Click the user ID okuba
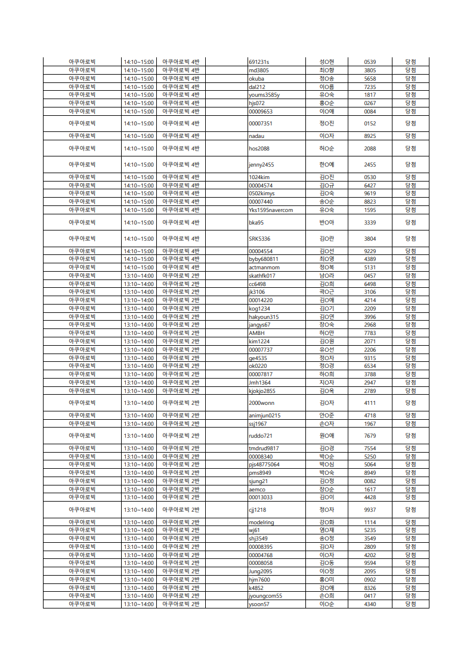256,79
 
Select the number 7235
370,87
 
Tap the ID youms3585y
264,95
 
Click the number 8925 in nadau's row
370,136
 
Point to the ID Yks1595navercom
271,210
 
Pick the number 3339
370,223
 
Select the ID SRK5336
259,239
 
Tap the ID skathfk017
262,276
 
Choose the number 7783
370,333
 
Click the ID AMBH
256,333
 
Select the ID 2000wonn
261,403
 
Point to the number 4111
370,403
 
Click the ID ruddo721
261,436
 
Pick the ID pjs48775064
264,465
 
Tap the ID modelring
261,523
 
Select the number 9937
370,510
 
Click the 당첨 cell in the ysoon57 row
410,604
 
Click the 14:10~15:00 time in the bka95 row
138,223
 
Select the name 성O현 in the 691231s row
327,62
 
